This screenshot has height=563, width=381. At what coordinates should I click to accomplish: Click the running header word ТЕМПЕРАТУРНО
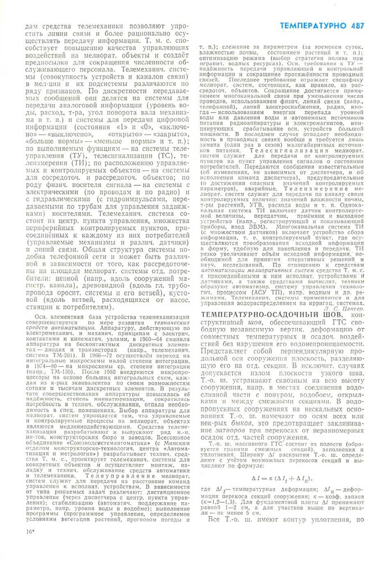click(312, 25)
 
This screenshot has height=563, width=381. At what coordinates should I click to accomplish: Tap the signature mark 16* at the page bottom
click(30, 547)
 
